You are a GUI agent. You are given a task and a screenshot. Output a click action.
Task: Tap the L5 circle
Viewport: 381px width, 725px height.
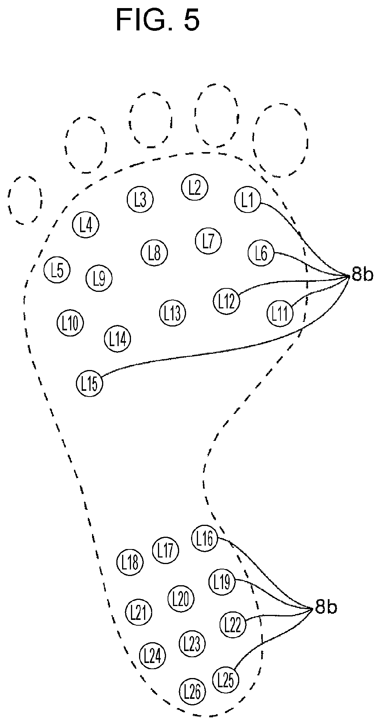pyautogui.click(x=57, y=270)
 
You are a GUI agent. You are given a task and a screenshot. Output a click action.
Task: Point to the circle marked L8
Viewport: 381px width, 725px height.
pyautogui.click(x=154, y=253)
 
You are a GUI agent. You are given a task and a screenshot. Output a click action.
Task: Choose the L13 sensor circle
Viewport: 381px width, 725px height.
pyautogui.click(x=172, y=313)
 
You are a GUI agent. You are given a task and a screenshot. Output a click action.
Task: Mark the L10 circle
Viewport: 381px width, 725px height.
pyautogui.click(x=70, y=323)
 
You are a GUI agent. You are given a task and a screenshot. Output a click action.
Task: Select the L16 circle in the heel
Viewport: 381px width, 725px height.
pyautogui.click(x=205, y=538)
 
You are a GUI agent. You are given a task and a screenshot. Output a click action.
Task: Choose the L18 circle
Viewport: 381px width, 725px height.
pyautogui.click(x=130, y=563)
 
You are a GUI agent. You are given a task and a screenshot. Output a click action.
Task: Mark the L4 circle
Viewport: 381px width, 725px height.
pyautogui.click(x=86, y=224)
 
